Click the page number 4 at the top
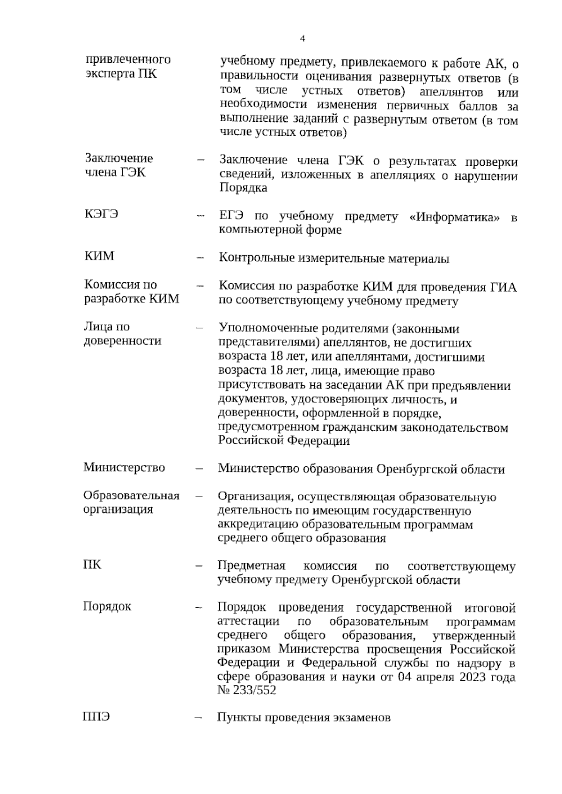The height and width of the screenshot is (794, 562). click(x=303, y=39)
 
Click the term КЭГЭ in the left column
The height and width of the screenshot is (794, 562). click(x=101, y=214)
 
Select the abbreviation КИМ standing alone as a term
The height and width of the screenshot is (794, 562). click(x=99, y=256)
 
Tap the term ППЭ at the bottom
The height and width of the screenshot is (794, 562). click(x=96, y=717)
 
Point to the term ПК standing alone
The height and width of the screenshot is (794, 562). click(x=92, y=564)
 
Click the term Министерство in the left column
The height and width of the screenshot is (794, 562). click(x=124, y=467)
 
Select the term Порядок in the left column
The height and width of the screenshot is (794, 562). click(x=107, y=606)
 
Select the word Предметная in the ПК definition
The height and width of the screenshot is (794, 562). click(x=251, y=566)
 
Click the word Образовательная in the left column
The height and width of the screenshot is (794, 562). click(x=132, y=495)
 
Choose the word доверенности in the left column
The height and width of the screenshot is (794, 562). click(x=123, y=341)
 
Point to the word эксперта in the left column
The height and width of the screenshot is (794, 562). click(x=108, y=74)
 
